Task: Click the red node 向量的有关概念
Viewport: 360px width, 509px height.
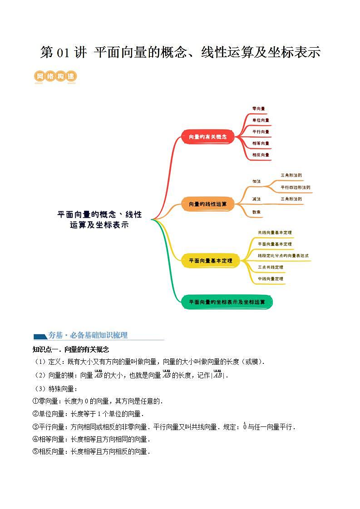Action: click(x=207, y=137)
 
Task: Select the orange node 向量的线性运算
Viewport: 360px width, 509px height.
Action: click(x=207, y=204)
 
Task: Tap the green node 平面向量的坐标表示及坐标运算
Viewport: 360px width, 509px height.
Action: click(x=227, y=302)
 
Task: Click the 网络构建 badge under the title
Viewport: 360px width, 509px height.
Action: click(x=55, y=77)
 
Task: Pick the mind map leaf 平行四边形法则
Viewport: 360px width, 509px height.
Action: click(x=295, y=187)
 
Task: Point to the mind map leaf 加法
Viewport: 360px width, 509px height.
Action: click(x=256, y=181)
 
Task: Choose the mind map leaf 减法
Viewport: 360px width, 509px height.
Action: click(x=256, y=199)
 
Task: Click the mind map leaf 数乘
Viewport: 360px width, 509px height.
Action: click(x=256, y=212)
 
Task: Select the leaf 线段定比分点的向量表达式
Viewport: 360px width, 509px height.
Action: click(x=283, y=256)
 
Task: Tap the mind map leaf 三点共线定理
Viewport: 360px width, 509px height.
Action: click(x=270, y=267)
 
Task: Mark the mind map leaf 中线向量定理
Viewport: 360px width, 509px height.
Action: click(x=270, y=279)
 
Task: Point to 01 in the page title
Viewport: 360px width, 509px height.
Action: click(x=62, y=53)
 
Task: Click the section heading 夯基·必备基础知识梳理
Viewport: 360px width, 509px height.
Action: click(x=88, y=335)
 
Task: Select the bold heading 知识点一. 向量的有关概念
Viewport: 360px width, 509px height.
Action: click(x=71, y=349)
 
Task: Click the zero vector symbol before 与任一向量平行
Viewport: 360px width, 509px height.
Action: click(x=245, y=426)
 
